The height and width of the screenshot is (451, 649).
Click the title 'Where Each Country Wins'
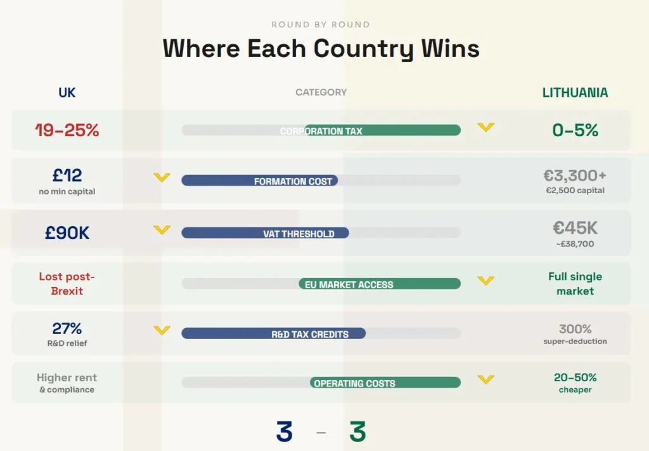(x=321, y=48)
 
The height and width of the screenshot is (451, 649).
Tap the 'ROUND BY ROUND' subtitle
(x=321, y=25)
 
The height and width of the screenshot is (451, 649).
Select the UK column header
(x=67, y=92)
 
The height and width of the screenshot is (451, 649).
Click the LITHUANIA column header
(x=575, y=92)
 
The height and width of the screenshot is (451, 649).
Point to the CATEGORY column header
(x=321, y=92)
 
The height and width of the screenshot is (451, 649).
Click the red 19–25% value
(x=67, y=130)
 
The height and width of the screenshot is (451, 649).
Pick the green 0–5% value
(x=575, y=130)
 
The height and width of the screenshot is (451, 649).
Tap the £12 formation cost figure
(x=67, y=175)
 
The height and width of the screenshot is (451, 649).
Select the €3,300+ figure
(x=575, y=175)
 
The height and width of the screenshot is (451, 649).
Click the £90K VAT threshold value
(x=67, y=232)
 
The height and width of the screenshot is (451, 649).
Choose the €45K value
(x=575, y=227)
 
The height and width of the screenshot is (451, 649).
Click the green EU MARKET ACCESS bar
(x=380, y=283)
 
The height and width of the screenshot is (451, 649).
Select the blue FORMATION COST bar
(x=259, y=181)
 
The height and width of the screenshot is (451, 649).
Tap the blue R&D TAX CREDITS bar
(x=274, y=333)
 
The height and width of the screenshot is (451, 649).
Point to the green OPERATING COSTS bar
(x=385, y=383)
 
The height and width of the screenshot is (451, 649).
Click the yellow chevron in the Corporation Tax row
(x=485, y=127)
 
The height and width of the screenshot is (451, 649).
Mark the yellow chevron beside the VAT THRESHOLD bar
(x=162, y=230)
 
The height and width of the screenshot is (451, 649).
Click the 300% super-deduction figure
(x=575, y=329)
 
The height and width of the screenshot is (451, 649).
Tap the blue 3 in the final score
(x=285, y=431)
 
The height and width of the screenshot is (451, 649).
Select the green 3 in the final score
(x=357, y=431)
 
